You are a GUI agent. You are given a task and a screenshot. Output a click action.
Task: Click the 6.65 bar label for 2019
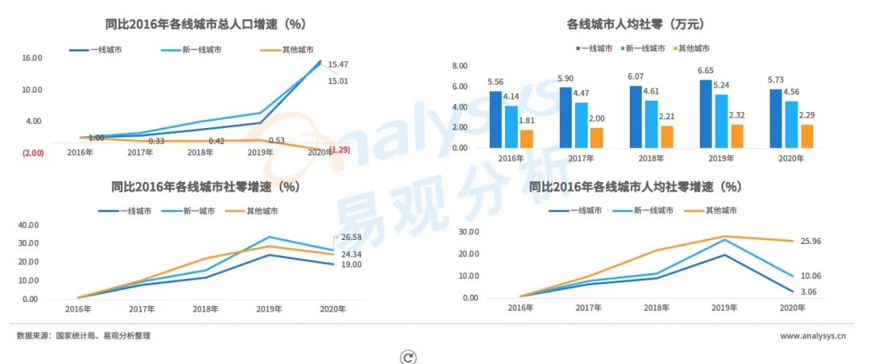[706, 71]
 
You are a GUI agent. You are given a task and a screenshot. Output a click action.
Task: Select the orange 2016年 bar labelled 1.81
[526, 139]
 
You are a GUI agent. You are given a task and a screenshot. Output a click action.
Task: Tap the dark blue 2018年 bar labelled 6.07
[636, 117]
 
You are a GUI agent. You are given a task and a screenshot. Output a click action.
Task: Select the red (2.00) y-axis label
[32, 152]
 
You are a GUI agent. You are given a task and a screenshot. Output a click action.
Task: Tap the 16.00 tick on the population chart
[31, 58]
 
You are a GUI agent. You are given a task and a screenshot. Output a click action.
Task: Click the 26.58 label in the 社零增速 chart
[352, 237]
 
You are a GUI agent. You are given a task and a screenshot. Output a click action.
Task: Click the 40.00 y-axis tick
[28, 225]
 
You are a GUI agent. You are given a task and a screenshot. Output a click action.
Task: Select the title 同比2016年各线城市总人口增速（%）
[205, 25]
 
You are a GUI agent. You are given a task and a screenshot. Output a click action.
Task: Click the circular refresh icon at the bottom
[408, 357]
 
